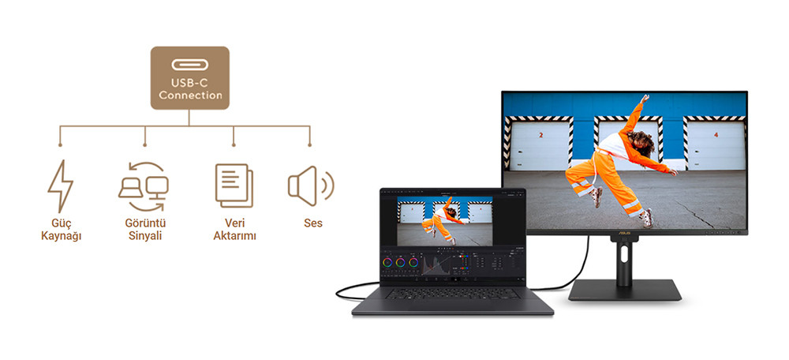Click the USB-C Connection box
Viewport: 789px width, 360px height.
coord(190,77)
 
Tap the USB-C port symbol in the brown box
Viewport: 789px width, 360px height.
coord(190,64)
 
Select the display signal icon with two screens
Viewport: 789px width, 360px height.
coord(144,184)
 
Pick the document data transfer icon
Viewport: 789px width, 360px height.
coord(234,185)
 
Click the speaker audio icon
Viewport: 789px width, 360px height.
coord(310,185)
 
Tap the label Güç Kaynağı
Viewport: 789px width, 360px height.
coord(62,230)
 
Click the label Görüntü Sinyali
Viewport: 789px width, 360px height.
coord(144,230)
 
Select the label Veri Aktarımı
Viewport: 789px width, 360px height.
coord(234,230)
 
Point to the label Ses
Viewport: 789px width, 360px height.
coord(313,223)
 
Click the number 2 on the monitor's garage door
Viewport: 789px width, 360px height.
coord(541,136)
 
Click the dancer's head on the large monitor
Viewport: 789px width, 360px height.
coord(641,142)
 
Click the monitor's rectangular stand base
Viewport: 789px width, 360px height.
coord(626,291)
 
